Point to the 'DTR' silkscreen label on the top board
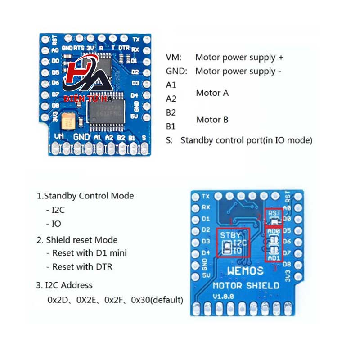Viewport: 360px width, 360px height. [124, 47]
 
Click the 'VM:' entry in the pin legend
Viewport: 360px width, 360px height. [174, 58]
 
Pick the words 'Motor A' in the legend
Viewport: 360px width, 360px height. [212, 93]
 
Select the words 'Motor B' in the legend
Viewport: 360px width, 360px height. [212, 120]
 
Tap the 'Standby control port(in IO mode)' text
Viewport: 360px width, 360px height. [246, 140]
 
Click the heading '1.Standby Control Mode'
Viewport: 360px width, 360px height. [85, 196]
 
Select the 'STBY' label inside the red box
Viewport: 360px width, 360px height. [231, 235]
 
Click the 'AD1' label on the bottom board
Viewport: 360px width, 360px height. [274, 258]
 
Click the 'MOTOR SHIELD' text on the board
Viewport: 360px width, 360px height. [246, 285]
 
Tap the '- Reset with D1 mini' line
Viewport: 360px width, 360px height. [86, 253]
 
